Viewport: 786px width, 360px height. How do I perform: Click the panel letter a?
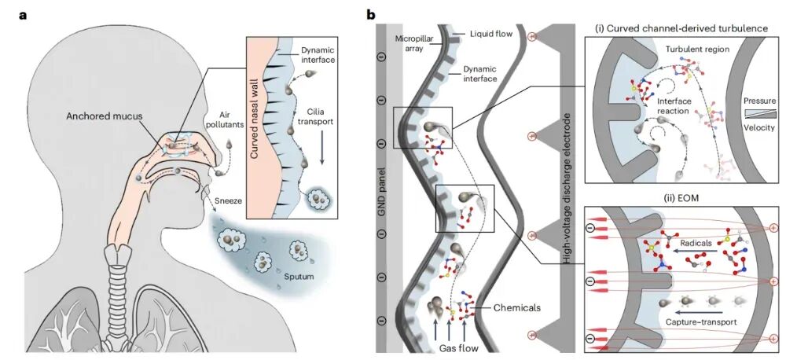(x=23, y=15)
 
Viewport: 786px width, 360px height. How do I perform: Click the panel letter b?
(x=372, y=14)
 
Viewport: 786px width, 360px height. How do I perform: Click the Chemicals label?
(x=517, y=307)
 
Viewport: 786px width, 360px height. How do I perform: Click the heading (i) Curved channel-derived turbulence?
(x=681, y=28)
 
